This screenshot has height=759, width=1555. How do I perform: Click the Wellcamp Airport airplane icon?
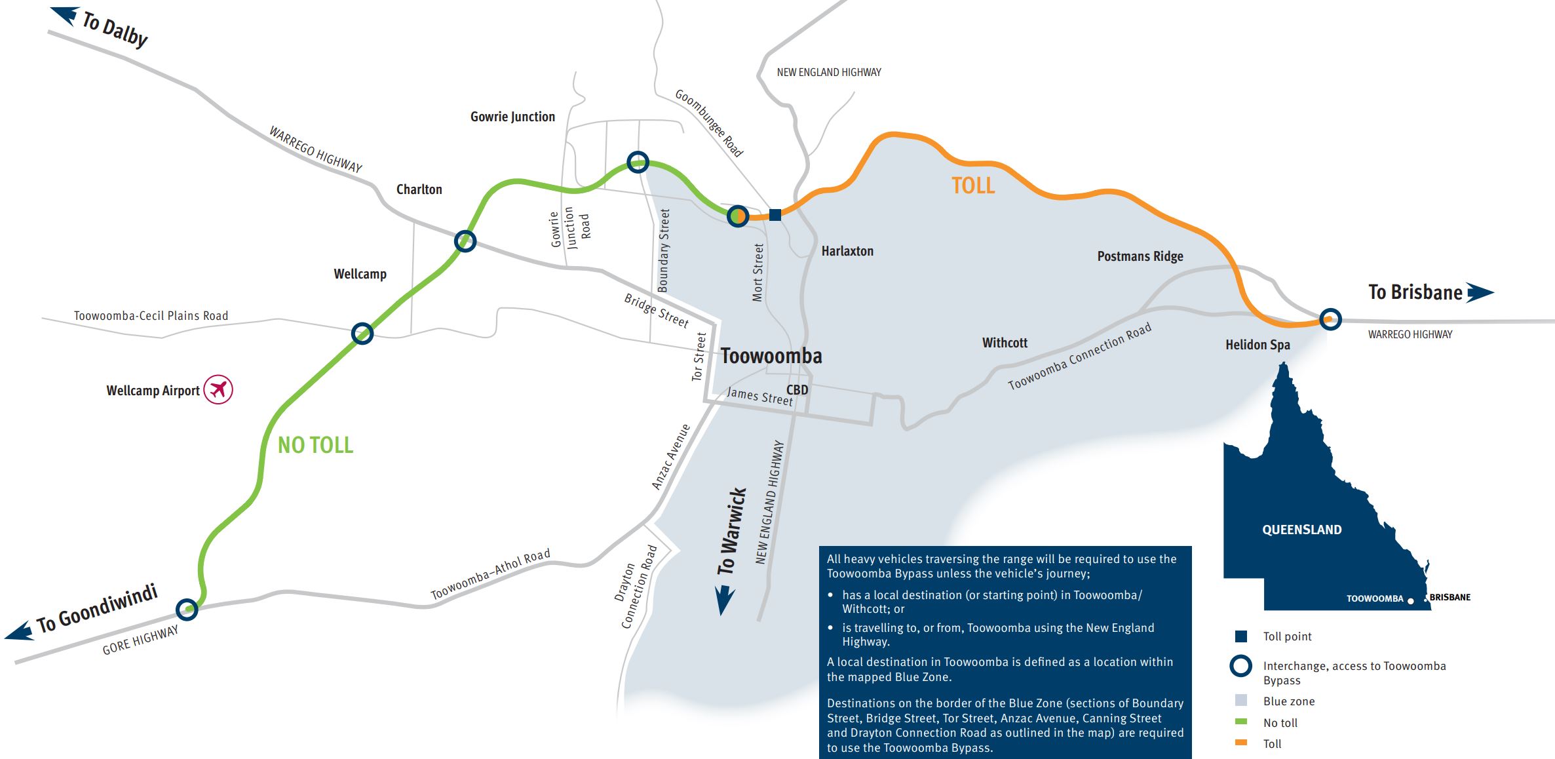click(218, 389)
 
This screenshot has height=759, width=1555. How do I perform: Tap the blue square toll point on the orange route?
click(775, 214)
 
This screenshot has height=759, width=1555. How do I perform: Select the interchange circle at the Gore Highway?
click(187, 609)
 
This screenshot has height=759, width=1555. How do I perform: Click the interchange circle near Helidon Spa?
click(1330, 319)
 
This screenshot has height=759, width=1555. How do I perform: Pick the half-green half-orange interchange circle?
click(738, 215)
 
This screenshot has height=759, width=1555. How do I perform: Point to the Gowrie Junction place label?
click(512, 117)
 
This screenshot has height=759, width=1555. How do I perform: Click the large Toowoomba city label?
click(771, 356)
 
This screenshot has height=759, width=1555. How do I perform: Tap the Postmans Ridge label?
click(1140, 256)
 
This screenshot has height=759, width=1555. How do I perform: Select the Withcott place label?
click(1005, 343)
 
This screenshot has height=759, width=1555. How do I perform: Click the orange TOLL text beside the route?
click(973, 185)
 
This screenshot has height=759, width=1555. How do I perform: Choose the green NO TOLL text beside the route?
click(315, 445)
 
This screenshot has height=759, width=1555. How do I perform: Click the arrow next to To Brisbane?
click(1480, 292)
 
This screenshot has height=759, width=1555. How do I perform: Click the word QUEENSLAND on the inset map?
click(1301, 530)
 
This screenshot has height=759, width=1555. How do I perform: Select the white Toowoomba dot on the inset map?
click(1410, 601)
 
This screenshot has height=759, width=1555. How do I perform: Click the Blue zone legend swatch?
click(1240, 701)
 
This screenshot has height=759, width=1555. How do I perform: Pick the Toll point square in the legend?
click(1240, 636)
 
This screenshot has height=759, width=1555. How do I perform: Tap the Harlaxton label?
click(847, 251)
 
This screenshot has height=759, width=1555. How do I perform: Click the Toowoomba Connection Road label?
click(1079, 357)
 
